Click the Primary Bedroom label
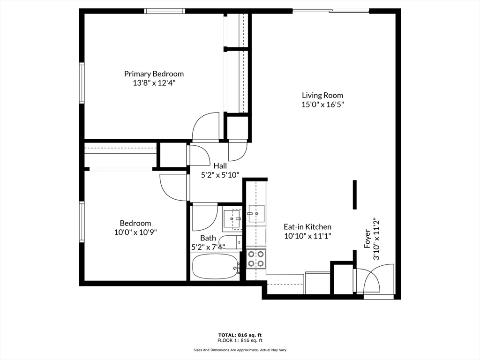tap(154, 74)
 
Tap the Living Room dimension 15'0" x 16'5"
tap(322, 105)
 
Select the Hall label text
tap(220, 165)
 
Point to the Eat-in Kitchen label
tap(307, 226)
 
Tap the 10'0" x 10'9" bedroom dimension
tap(135, 232)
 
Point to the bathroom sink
tap(232, 218)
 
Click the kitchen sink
tap(256, 213)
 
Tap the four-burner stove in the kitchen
tap(256, 258)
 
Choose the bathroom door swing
tap(204, 217)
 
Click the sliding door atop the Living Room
tap(331, 11)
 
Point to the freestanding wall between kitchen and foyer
tap(354, 195)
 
